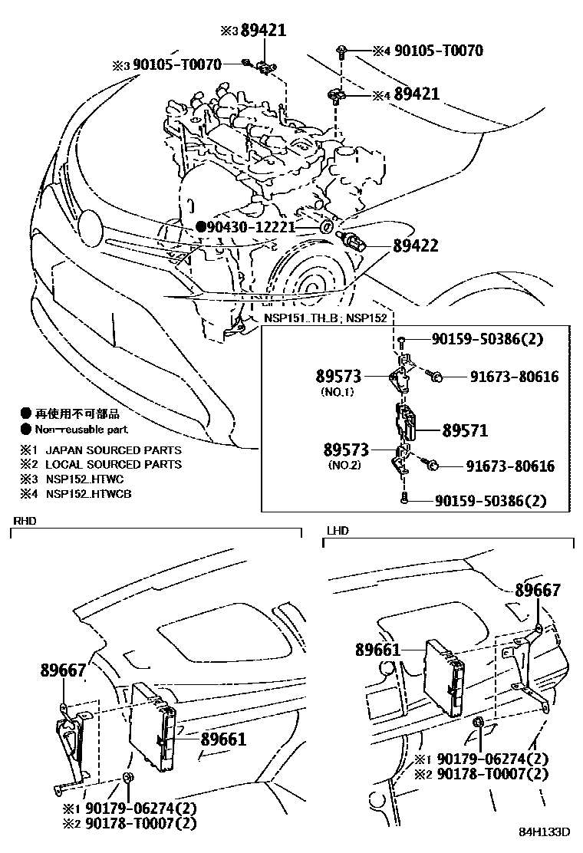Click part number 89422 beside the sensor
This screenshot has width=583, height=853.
(416, 246)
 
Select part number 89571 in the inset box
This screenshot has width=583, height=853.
(465, 431)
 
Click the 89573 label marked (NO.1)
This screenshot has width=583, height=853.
(338, 377)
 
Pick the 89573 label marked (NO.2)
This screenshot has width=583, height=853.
(346, 450)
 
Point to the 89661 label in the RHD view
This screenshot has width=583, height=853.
(223, 739)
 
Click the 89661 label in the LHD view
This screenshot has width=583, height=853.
(378, 650)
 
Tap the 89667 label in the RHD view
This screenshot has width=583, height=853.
(63, 670)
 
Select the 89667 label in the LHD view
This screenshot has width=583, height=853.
(538, 590)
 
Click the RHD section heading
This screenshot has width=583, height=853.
(25, 521)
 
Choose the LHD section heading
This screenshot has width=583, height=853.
(338, 530)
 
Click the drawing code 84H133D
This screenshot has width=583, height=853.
(544, 832)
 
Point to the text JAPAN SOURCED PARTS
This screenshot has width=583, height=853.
(113, 450)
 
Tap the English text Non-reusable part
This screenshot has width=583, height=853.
(81, 430)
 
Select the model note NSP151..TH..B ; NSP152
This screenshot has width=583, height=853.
(325, 318)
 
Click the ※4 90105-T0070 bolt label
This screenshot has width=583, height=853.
(428, 51)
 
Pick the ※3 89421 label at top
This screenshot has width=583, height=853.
(253, 31)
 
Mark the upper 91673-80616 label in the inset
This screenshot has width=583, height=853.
(514, 377)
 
